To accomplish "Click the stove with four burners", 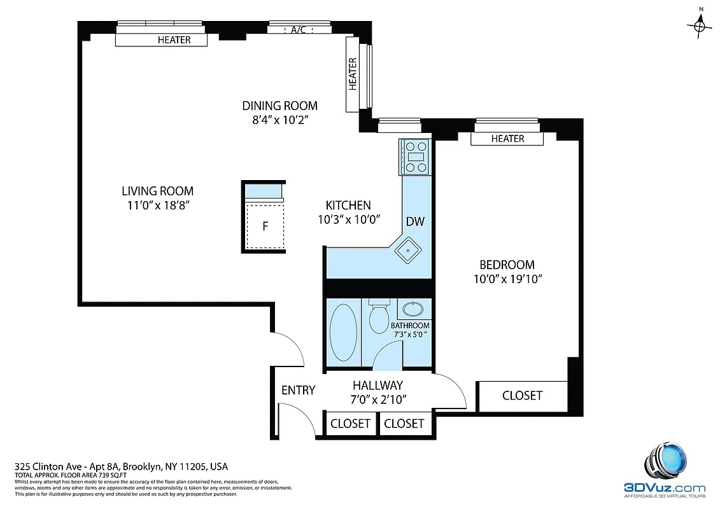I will (416, 157).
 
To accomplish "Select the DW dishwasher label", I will (415, 221).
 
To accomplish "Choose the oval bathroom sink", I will (414, 310).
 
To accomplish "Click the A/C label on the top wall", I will (298, 30).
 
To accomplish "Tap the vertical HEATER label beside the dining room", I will (353, 73).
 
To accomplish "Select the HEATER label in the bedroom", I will (507, 139).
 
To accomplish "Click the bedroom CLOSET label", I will (522, 396).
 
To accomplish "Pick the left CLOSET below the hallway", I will (351, 423).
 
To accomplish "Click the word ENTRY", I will (298, 390).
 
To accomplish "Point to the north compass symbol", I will (701, 25).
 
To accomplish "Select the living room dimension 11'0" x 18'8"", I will (157, 205).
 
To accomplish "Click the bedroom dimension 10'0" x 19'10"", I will (507, 279).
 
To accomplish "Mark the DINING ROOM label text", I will (279, 106).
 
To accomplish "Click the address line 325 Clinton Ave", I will (121, 466).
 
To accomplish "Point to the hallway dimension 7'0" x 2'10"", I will (378, 400).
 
